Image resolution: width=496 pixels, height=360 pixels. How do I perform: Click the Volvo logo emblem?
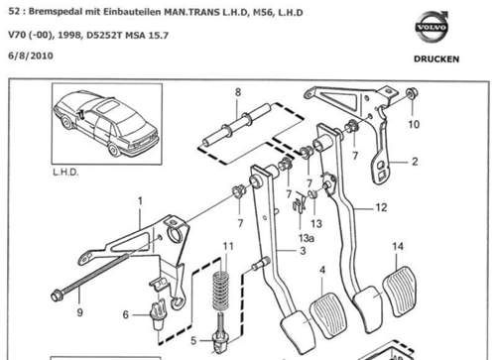pyautogui.click(x=431, y=27)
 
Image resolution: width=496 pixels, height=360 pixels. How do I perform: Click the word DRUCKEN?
pyautogui.click(x=436, y=60)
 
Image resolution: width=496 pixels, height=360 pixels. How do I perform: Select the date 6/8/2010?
pyautogui.click(x=31, y=56)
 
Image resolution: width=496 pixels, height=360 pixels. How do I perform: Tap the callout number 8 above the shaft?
pyautogui.click(x=238, y=92)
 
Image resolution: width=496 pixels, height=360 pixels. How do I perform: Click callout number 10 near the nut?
pyautogui.click(x=414, y=124)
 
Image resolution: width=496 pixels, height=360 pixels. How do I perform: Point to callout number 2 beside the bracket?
pyautogui.click(x=415, y=162)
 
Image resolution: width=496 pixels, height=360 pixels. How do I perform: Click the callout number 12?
pyautogui.click(x=381, y=207)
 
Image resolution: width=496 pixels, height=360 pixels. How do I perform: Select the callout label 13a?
pyautogui.click(x=307, y=238)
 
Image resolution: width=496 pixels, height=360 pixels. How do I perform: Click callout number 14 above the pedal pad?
pyautogui.click(x=398, y=246)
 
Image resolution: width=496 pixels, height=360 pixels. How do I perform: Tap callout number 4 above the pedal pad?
pyautogui.click(x=322, y=270)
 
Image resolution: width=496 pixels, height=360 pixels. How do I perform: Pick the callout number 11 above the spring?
pyautogui.click(x=228, y=246)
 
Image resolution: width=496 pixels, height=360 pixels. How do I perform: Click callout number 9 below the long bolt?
pyautogui.click(x=79, y=312)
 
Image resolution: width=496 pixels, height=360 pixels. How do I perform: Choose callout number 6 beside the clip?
pyautogui.click(x=126, y=314)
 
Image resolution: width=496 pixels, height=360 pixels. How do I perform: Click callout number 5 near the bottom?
pyautogui.click(x=193, y=340)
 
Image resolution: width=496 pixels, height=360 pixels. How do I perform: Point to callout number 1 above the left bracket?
pyautogui.click(x=140, y=201)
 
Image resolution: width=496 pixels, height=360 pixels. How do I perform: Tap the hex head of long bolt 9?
pyautogui.click(x=57, y=296)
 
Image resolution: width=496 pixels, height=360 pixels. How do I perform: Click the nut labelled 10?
pyautogui.click(x=412, y=93)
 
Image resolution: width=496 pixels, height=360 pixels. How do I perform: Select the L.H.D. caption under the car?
pyautogui.click(x=65, y=173)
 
